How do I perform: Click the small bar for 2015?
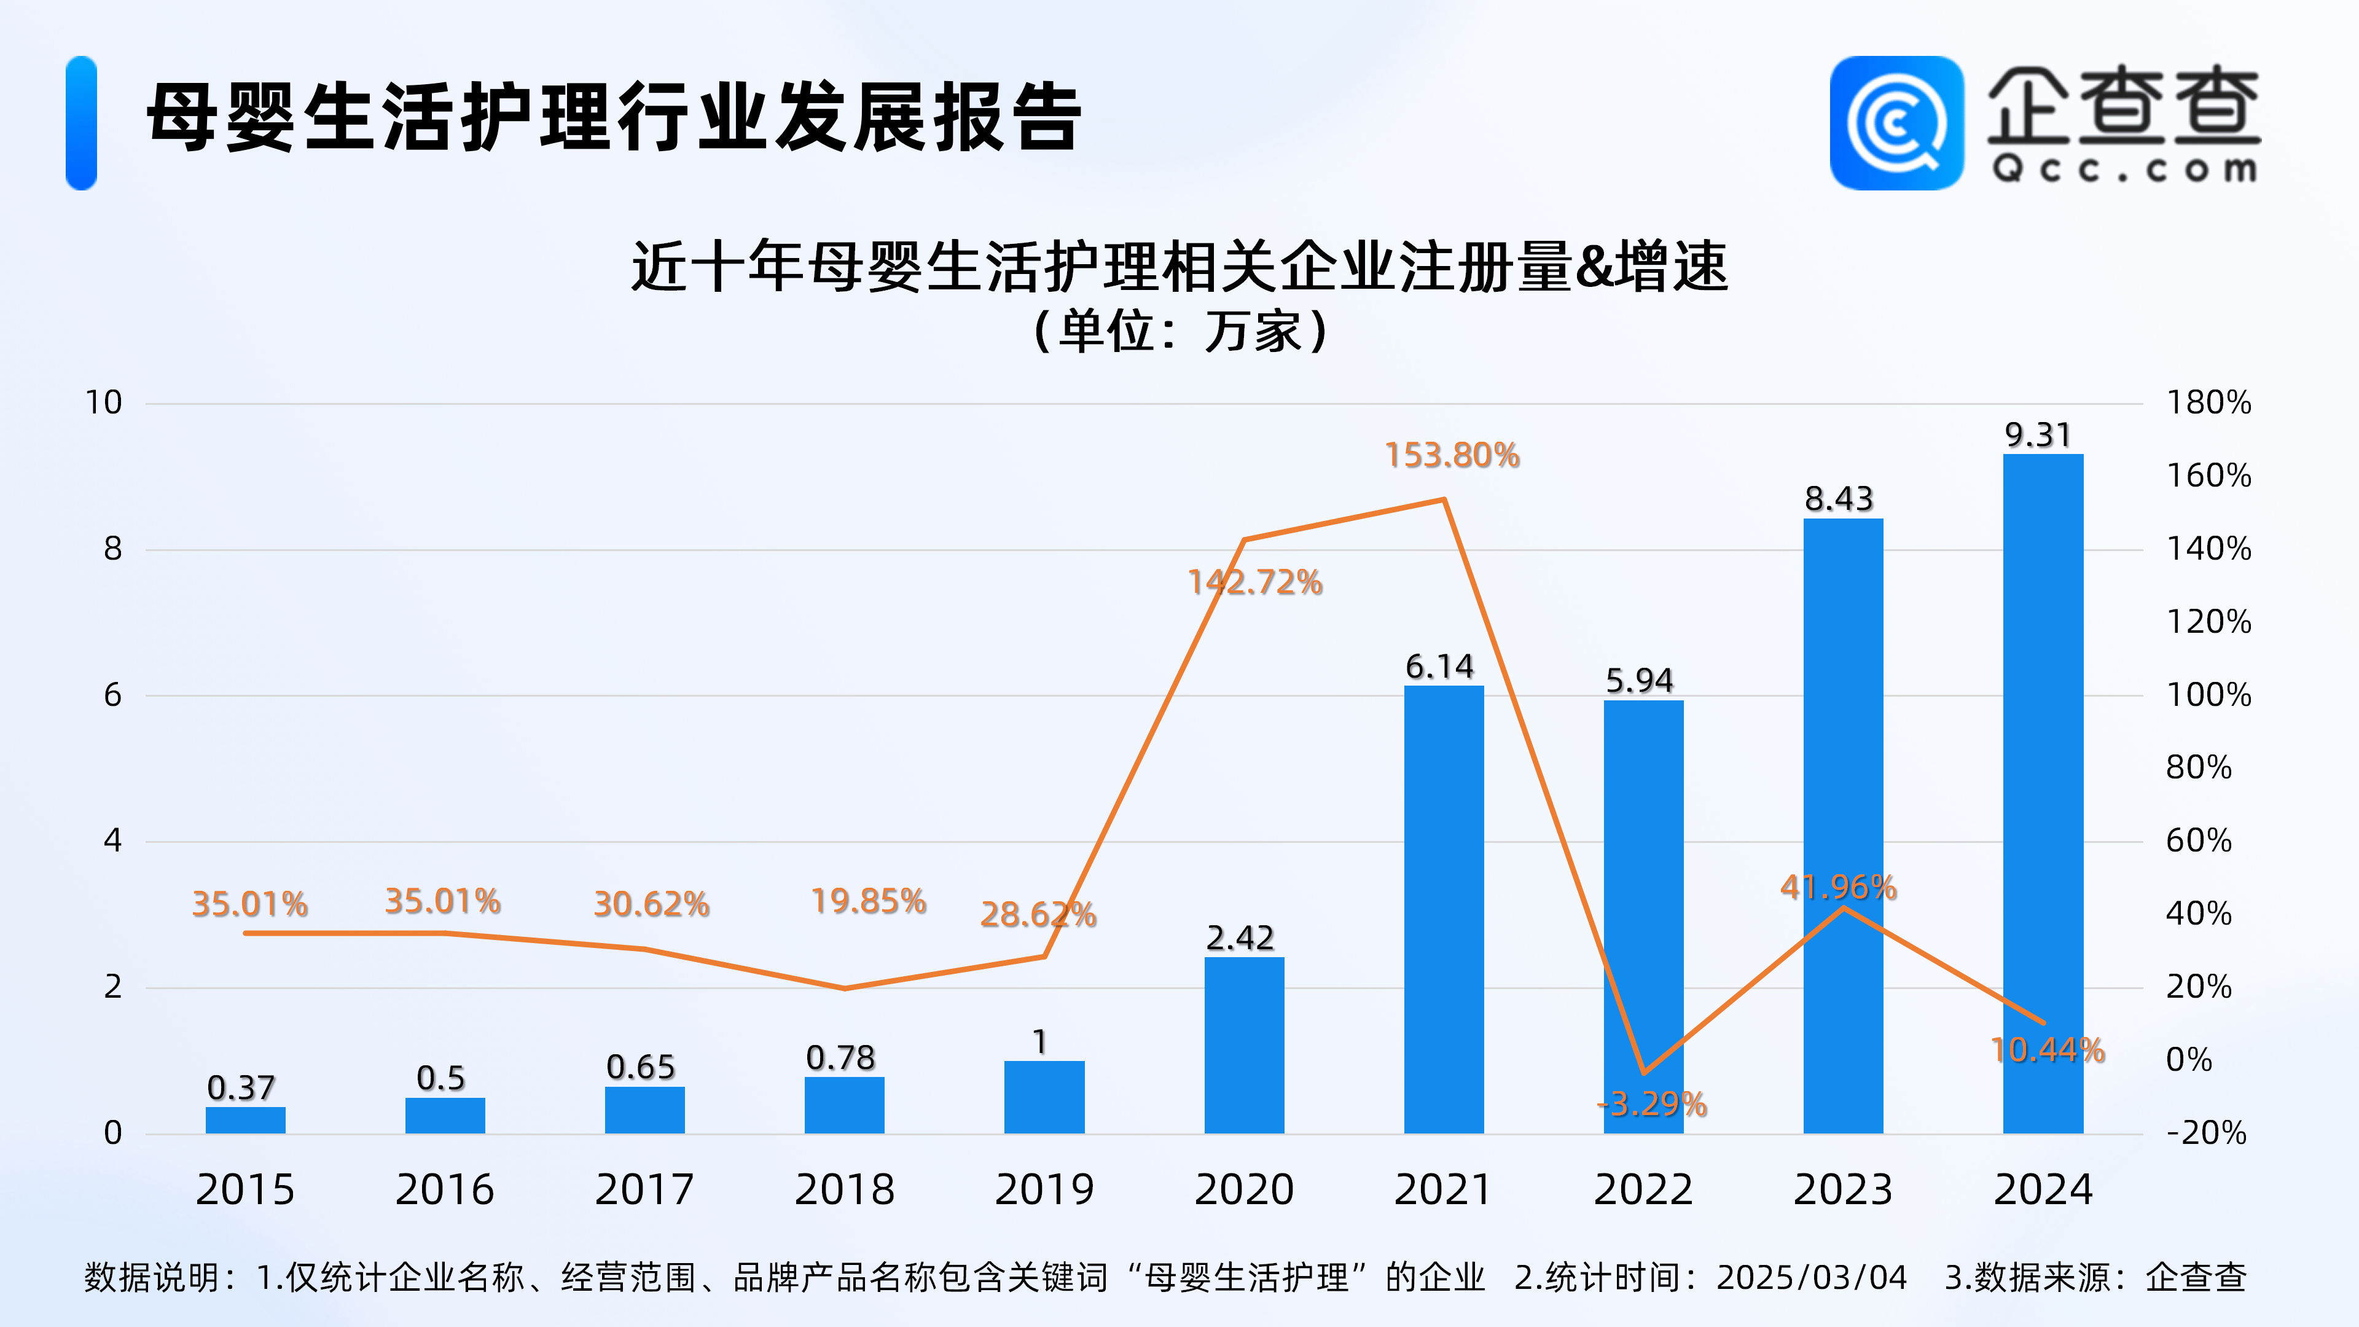(246, 1119)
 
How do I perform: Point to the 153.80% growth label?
(1452, 455)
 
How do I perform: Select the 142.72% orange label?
(1254, 582)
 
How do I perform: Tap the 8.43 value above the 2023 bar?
(1839, 499)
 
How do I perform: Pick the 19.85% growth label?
(868, 901)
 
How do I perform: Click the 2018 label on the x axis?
(843, 1189)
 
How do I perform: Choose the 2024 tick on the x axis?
(2043, 1189)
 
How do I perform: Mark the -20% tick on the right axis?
(2205, 1133)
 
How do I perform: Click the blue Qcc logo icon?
(1896, 123)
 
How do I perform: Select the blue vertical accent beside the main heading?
(82, 123)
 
